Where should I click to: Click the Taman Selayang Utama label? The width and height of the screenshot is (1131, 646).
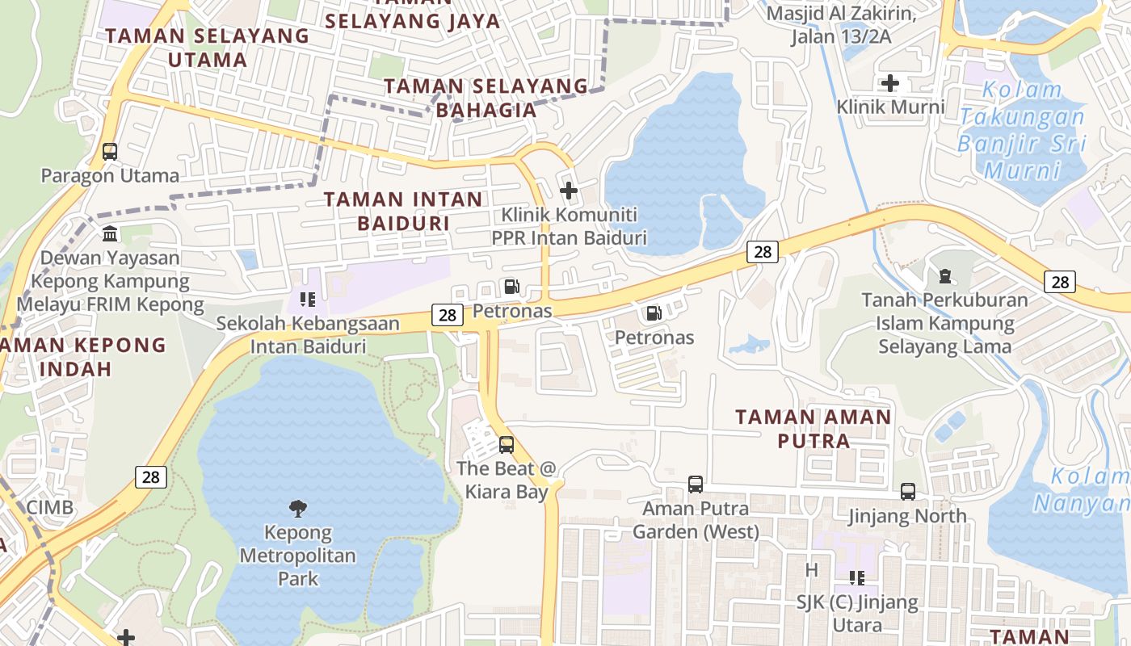coord(208,48)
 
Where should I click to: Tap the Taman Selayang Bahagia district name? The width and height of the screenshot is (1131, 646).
coord(486,98)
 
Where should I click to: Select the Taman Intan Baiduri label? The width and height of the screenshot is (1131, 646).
coord(403,210)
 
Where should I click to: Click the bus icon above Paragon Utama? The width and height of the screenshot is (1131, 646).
coord(110,151)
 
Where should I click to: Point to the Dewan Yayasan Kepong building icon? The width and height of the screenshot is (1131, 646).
coord(110,234)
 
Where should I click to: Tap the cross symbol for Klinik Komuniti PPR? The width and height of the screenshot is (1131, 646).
coord(569,191)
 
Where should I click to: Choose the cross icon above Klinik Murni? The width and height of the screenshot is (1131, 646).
coord(890,83)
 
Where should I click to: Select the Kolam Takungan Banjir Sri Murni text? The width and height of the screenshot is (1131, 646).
coord(1022,130)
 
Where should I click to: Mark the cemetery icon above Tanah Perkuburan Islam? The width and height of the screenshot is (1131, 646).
coord(944,276)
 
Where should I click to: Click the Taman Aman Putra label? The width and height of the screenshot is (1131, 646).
coord(814,429)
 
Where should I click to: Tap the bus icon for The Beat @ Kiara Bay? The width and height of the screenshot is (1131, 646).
coord(507,444)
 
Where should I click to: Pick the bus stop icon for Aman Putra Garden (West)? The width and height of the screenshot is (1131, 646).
coord(696,484)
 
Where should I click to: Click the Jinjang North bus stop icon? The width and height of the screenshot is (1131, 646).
coord(908,492)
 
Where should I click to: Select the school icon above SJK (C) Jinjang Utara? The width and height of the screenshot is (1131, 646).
coord(857,578)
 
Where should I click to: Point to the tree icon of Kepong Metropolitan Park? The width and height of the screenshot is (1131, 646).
coord(298,508)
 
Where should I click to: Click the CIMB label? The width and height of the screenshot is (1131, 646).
coord(50,508)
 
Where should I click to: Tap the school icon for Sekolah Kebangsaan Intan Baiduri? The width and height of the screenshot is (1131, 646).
coord(308,300)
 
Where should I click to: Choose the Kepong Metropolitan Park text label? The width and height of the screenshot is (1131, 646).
coord(298,556)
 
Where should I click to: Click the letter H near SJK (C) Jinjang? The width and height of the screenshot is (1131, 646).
coord(812,570)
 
